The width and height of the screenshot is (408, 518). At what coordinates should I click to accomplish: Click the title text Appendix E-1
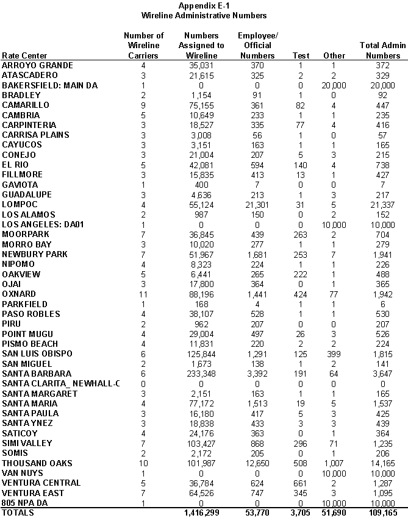tap(204, 5)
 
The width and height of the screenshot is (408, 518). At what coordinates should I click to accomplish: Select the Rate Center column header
tap(24, 56)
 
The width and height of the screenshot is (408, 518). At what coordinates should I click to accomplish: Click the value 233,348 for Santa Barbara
tap(201, 374)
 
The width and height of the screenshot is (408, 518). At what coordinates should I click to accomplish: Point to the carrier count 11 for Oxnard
tap(143, 294)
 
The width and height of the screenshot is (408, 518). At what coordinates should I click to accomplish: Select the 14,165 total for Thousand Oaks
tap(382, 463)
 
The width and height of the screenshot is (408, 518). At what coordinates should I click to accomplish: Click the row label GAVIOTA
tap(20, 185)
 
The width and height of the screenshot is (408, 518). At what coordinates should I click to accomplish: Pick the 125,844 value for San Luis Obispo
tap(201, 353)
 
